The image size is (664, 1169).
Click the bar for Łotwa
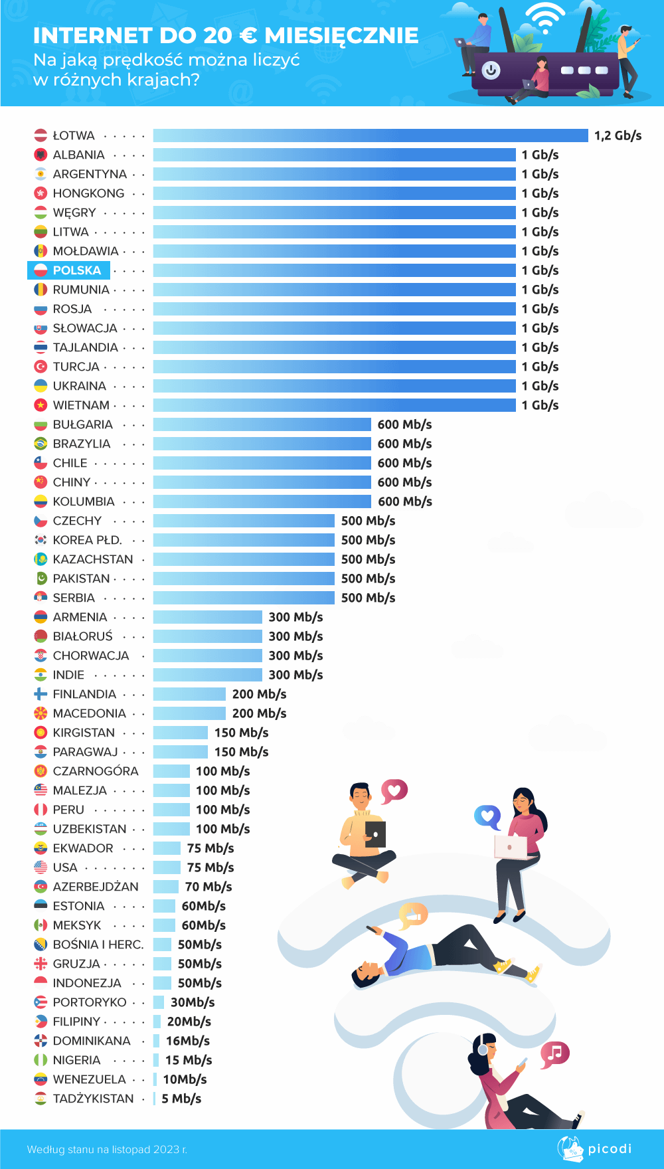(x=371, y=135)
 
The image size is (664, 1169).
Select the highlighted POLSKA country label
(x=76, y=270)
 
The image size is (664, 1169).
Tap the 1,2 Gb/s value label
(x=618, y=135)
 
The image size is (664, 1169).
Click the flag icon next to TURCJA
(x=41, y=367)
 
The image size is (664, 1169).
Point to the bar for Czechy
(x=244, y=521)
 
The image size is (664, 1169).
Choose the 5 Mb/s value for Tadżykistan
(x=181, y=1099)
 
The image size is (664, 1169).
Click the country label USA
(x=65, y=867)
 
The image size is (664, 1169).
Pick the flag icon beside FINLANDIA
(x=41, y=694)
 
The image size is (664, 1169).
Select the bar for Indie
(x=208, y=675)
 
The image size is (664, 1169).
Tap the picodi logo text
(x=610, y=1148)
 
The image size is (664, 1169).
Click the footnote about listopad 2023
(x=107, y=1149)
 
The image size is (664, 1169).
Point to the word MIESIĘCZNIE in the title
(x=341, y=35)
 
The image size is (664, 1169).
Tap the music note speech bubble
(x=554, y=1053)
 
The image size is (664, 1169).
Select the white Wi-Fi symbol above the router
(x=545, y=19)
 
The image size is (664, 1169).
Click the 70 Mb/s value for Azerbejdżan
(x=208, y=887)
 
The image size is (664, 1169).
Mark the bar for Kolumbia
(x=262, y=501)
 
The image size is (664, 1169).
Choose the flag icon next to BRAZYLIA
(x=41, y=444)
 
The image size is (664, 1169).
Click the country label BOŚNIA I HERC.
(x=98, y=944)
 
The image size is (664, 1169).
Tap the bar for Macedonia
(x=189, y=713)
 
